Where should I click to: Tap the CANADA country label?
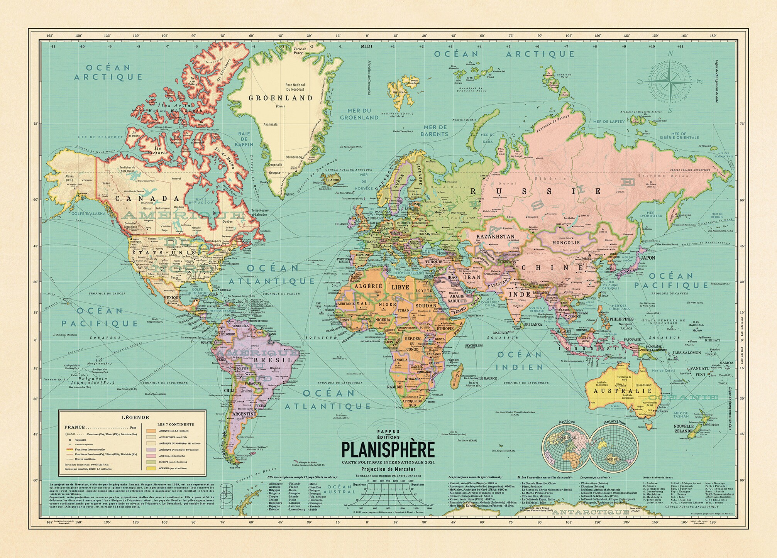148,199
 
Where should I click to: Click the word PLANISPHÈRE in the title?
388,450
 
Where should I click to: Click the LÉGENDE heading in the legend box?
135,417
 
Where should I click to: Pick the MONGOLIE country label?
566,243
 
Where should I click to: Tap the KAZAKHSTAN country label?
495,237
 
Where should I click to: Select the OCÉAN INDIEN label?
520,360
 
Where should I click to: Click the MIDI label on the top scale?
367,47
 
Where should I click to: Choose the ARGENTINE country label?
243,414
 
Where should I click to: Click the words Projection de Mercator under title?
388,469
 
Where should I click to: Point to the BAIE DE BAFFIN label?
244,139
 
